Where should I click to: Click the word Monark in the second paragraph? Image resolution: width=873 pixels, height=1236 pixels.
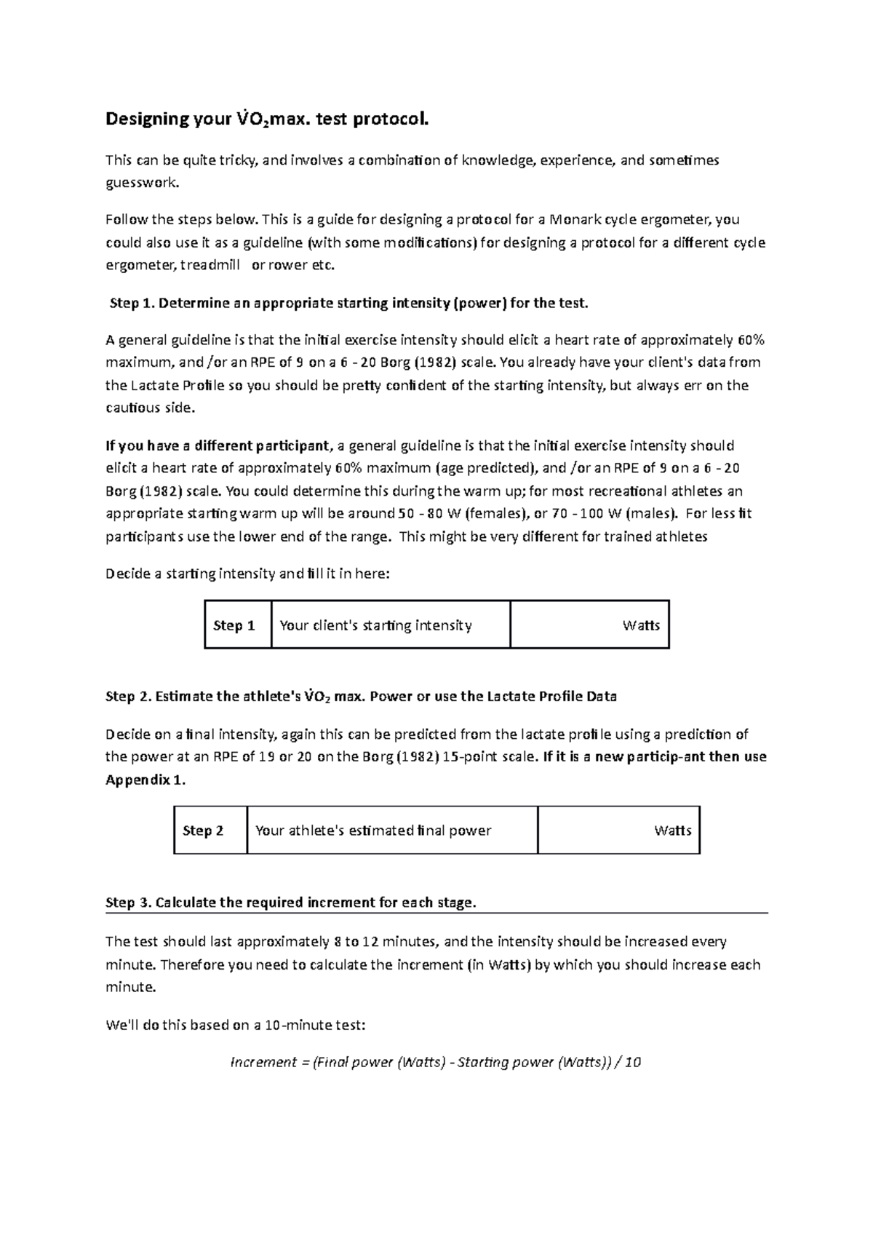point(576,219)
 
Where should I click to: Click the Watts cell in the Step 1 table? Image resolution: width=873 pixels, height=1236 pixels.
point(590,625)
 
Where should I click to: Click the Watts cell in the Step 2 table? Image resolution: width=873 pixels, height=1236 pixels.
point(619,831)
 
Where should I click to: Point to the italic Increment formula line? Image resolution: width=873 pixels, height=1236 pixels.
point(436,1062)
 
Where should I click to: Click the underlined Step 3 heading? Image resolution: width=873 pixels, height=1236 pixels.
point(291,903)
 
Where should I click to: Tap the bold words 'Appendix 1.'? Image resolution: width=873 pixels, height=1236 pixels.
point(145,780)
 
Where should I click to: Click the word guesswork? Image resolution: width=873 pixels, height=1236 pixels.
point(141,183)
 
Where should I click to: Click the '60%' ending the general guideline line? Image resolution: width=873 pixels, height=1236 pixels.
point(750,340)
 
